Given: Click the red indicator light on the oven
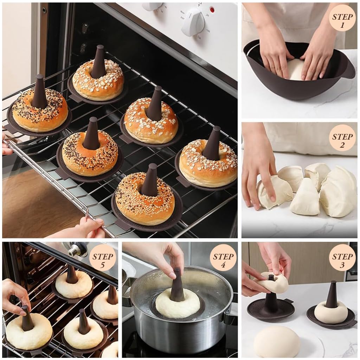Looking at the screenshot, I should coord(212,10).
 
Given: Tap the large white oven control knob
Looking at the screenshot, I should coord(193,22).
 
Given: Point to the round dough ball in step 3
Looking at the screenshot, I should coord(277,341).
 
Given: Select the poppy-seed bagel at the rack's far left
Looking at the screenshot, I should coord(40,111).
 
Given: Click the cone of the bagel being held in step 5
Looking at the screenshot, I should coord(27,318).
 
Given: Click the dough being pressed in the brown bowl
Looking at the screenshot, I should coord(295,70).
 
